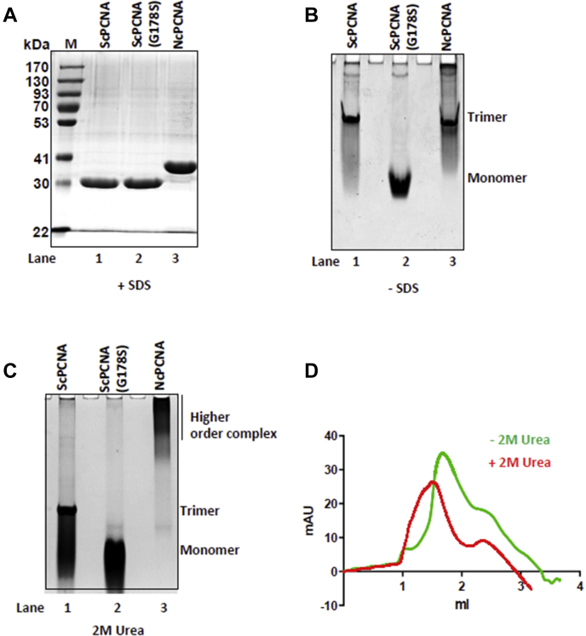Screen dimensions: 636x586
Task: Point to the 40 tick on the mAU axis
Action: point(331,437)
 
